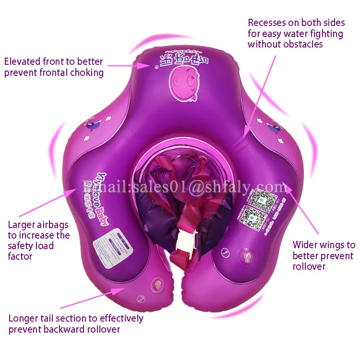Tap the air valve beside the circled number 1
tap(247, 257)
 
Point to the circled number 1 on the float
tap(225, 251)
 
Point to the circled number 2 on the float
tap(141, 299)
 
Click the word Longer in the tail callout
tap(24, 318)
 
